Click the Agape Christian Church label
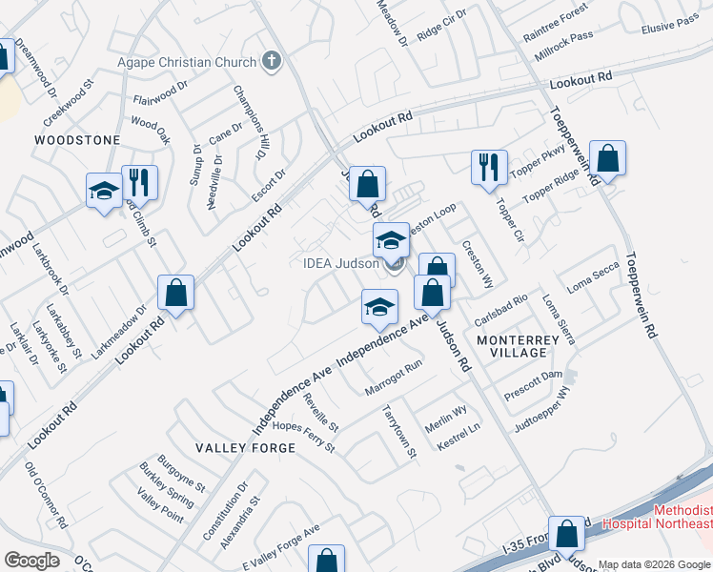tap(187, 63)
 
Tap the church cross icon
tap(272, 63)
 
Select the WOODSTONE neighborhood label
tap(77, 140)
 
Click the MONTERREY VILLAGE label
tap(512, 346)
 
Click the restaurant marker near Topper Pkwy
tap(489, 167)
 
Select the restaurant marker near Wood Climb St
tap(140, 181)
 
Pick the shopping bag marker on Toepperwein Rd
tap(607, 157)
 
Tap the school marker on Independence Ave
tap(378, 307)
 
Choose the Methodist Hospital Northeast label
tap(682, 518)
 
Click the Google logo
tap(31, 561)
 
